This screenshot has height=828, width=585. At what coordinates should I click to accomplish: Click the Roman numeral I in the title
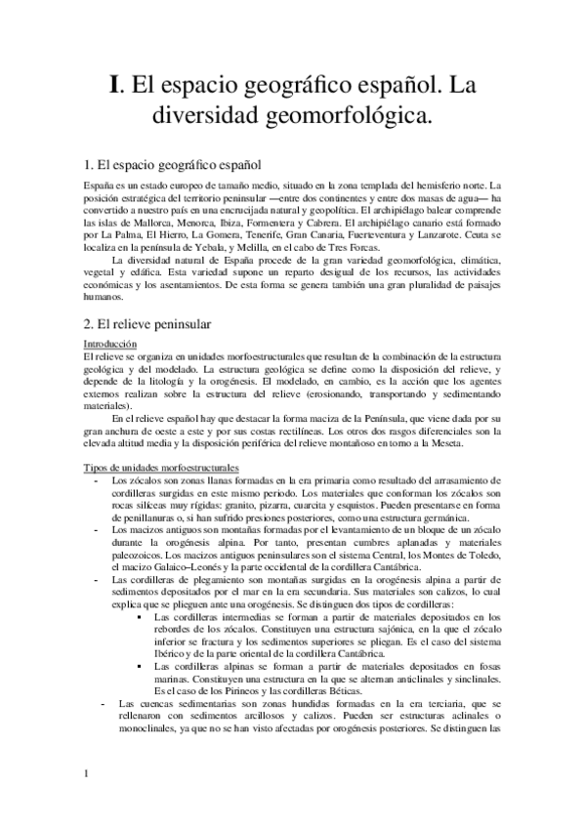(x=113, y=86)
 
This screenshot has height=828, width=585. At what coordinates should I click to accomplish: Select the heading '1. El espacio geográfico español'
(x=171, y=165)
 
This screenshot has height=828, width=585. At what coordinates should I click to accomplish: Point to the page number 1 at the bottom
(x=86, y=802)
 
